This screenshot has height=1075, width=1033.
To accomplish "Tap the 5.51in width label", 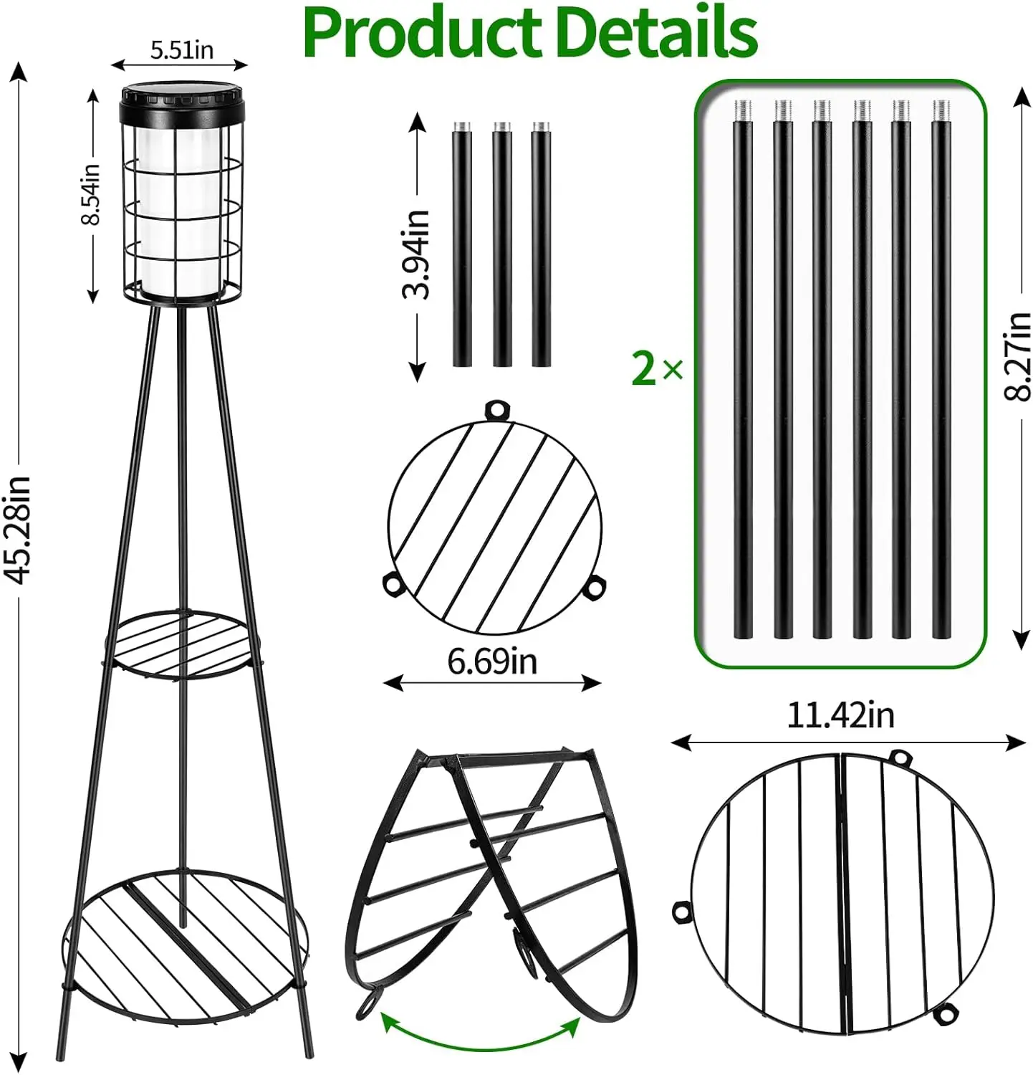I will (x=181, y=49).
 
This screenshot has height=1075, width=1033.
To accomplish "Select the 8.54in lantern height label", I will (x=91, y=195).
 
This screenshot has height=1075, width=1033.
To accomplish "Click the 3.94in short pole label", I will (x=415, y=254).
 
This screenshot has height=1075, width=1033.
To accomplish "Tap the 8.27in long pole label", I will (x=1017, y=356).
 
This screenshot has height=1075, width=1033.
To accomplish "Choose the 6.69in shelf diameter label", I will (x=492, y=660).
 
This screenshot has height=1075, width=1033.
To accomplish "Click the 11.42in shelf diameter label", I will (x=840, y=715).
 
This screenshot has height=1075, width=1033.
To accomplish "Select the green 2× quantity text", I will (x=657, y=369).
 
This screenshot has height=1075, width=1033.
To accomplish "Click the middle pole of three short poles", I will (x=501, y=244).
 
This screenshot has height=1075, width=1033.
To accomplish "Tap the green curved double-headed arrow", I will (x=480, y=1032).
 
